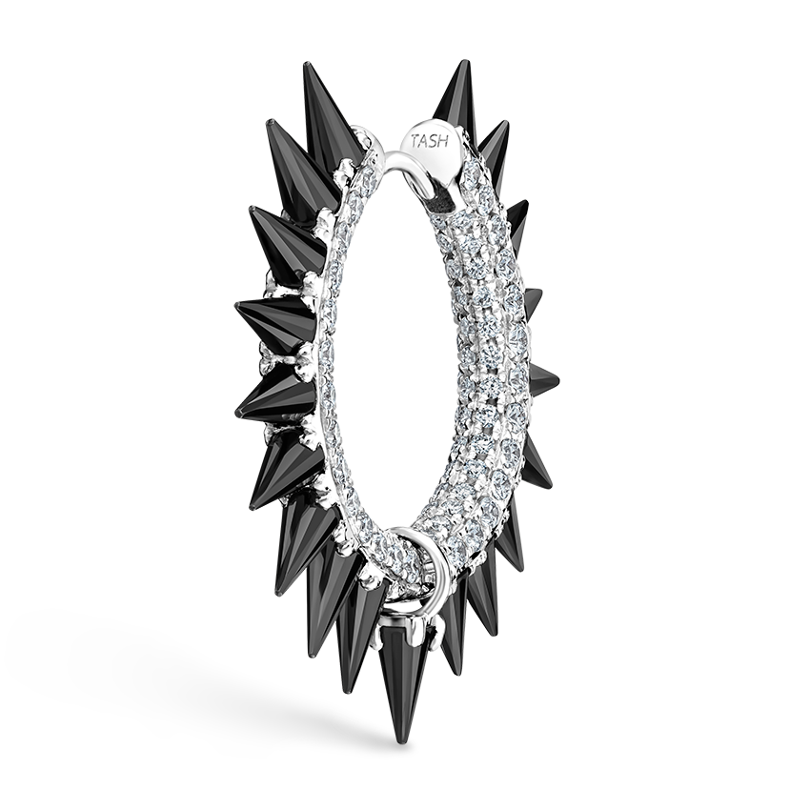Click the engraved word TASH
[429, 140]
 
